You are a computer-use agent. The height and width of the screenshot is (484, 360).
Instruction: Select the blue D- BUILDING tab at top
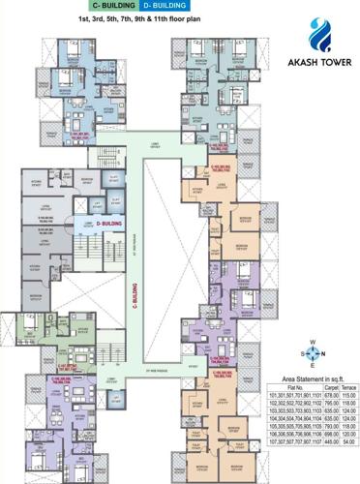click(165, 8)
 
